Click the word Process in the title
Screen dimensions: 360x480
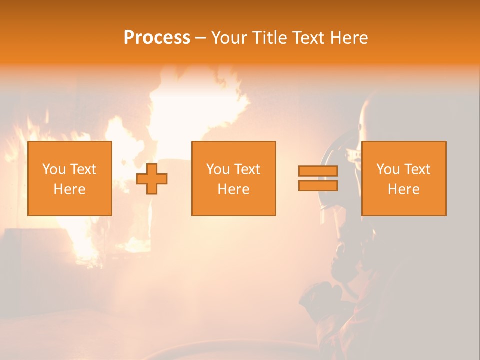pos(157,38)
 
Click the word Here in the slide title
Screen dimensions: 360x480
pos(349,38)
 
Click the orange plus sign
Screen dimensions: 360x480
pos(152,179)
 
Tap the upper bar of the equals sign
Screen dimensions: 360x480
pos(318,171)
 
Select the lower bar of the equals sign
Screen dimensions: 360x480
pos(318,186)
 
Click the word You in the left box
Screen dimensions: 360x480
pos(53,169)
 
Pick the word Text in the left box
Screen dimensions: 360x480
pos(82,169)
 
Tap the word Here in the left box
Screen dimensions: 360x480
pos(69,189)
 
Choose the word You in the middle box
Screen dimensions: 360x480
pos(217,169)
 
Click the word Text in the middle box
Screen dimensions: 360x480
pos(246,169)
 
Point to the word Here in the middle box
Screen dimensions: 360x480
pos(233,189)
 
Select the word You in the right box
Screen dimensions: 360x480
pos(387,169)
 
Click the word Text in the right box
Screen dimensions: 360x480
pos(416,169)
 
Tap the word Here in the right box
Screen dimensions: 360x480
pos(403,189)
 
